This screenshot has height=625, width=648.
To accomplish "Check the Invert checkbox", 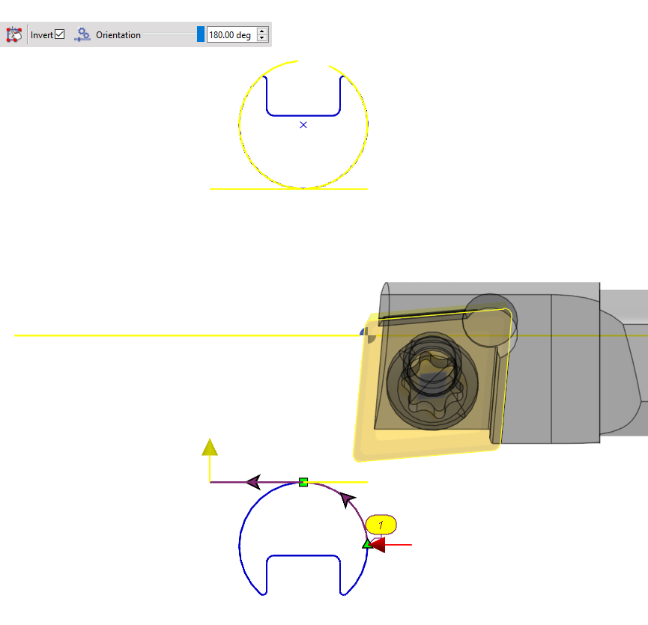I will (x=60, y=34).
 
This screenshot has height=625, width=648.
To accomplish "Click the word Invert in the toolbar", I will (x=42, y=35).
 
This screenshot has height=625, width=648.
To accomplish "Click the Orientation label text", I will (x=118, y=35).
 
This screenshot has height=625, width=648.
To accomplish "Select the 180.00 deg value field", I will (x=231, y=35).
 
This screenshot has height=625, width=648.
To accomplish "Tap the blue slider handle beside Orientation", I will (x=200, y=34).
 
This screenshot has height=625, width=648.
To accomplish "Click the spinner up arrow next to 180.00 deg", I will (x=261, y=31).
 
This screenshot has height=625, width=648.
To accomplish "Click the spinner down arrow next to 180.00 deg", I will (x=261, y=38).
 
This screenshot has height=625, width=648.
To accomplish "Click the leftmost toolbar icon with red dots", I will (x=13, y=34).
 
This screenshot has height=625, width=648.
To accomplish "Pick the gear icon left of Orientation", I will (x=82, y=34).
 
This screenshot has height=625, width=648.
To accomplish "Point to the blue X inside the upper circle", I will (x=303, y=125).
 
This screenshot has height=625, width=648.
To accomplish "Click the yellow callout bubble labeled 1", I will (x=381, y=525).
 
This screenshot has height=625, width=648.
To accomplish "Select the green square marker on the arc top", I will (x=303, y=482).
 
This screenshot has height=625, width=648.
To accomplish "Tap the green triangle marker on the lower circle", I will (x=366, y=544).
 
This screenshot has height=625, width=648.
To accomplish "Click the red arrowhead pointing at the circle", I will (x=378, y=545).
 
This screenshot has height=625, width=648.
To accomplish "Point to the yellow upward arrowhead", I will (x=210, y=448).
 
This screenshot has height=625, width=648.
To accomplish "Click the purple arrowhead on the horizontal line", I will (x=253, y=481).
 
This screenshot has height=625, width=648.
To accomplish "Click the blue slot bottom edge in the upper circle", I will (x=303, y=115).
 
